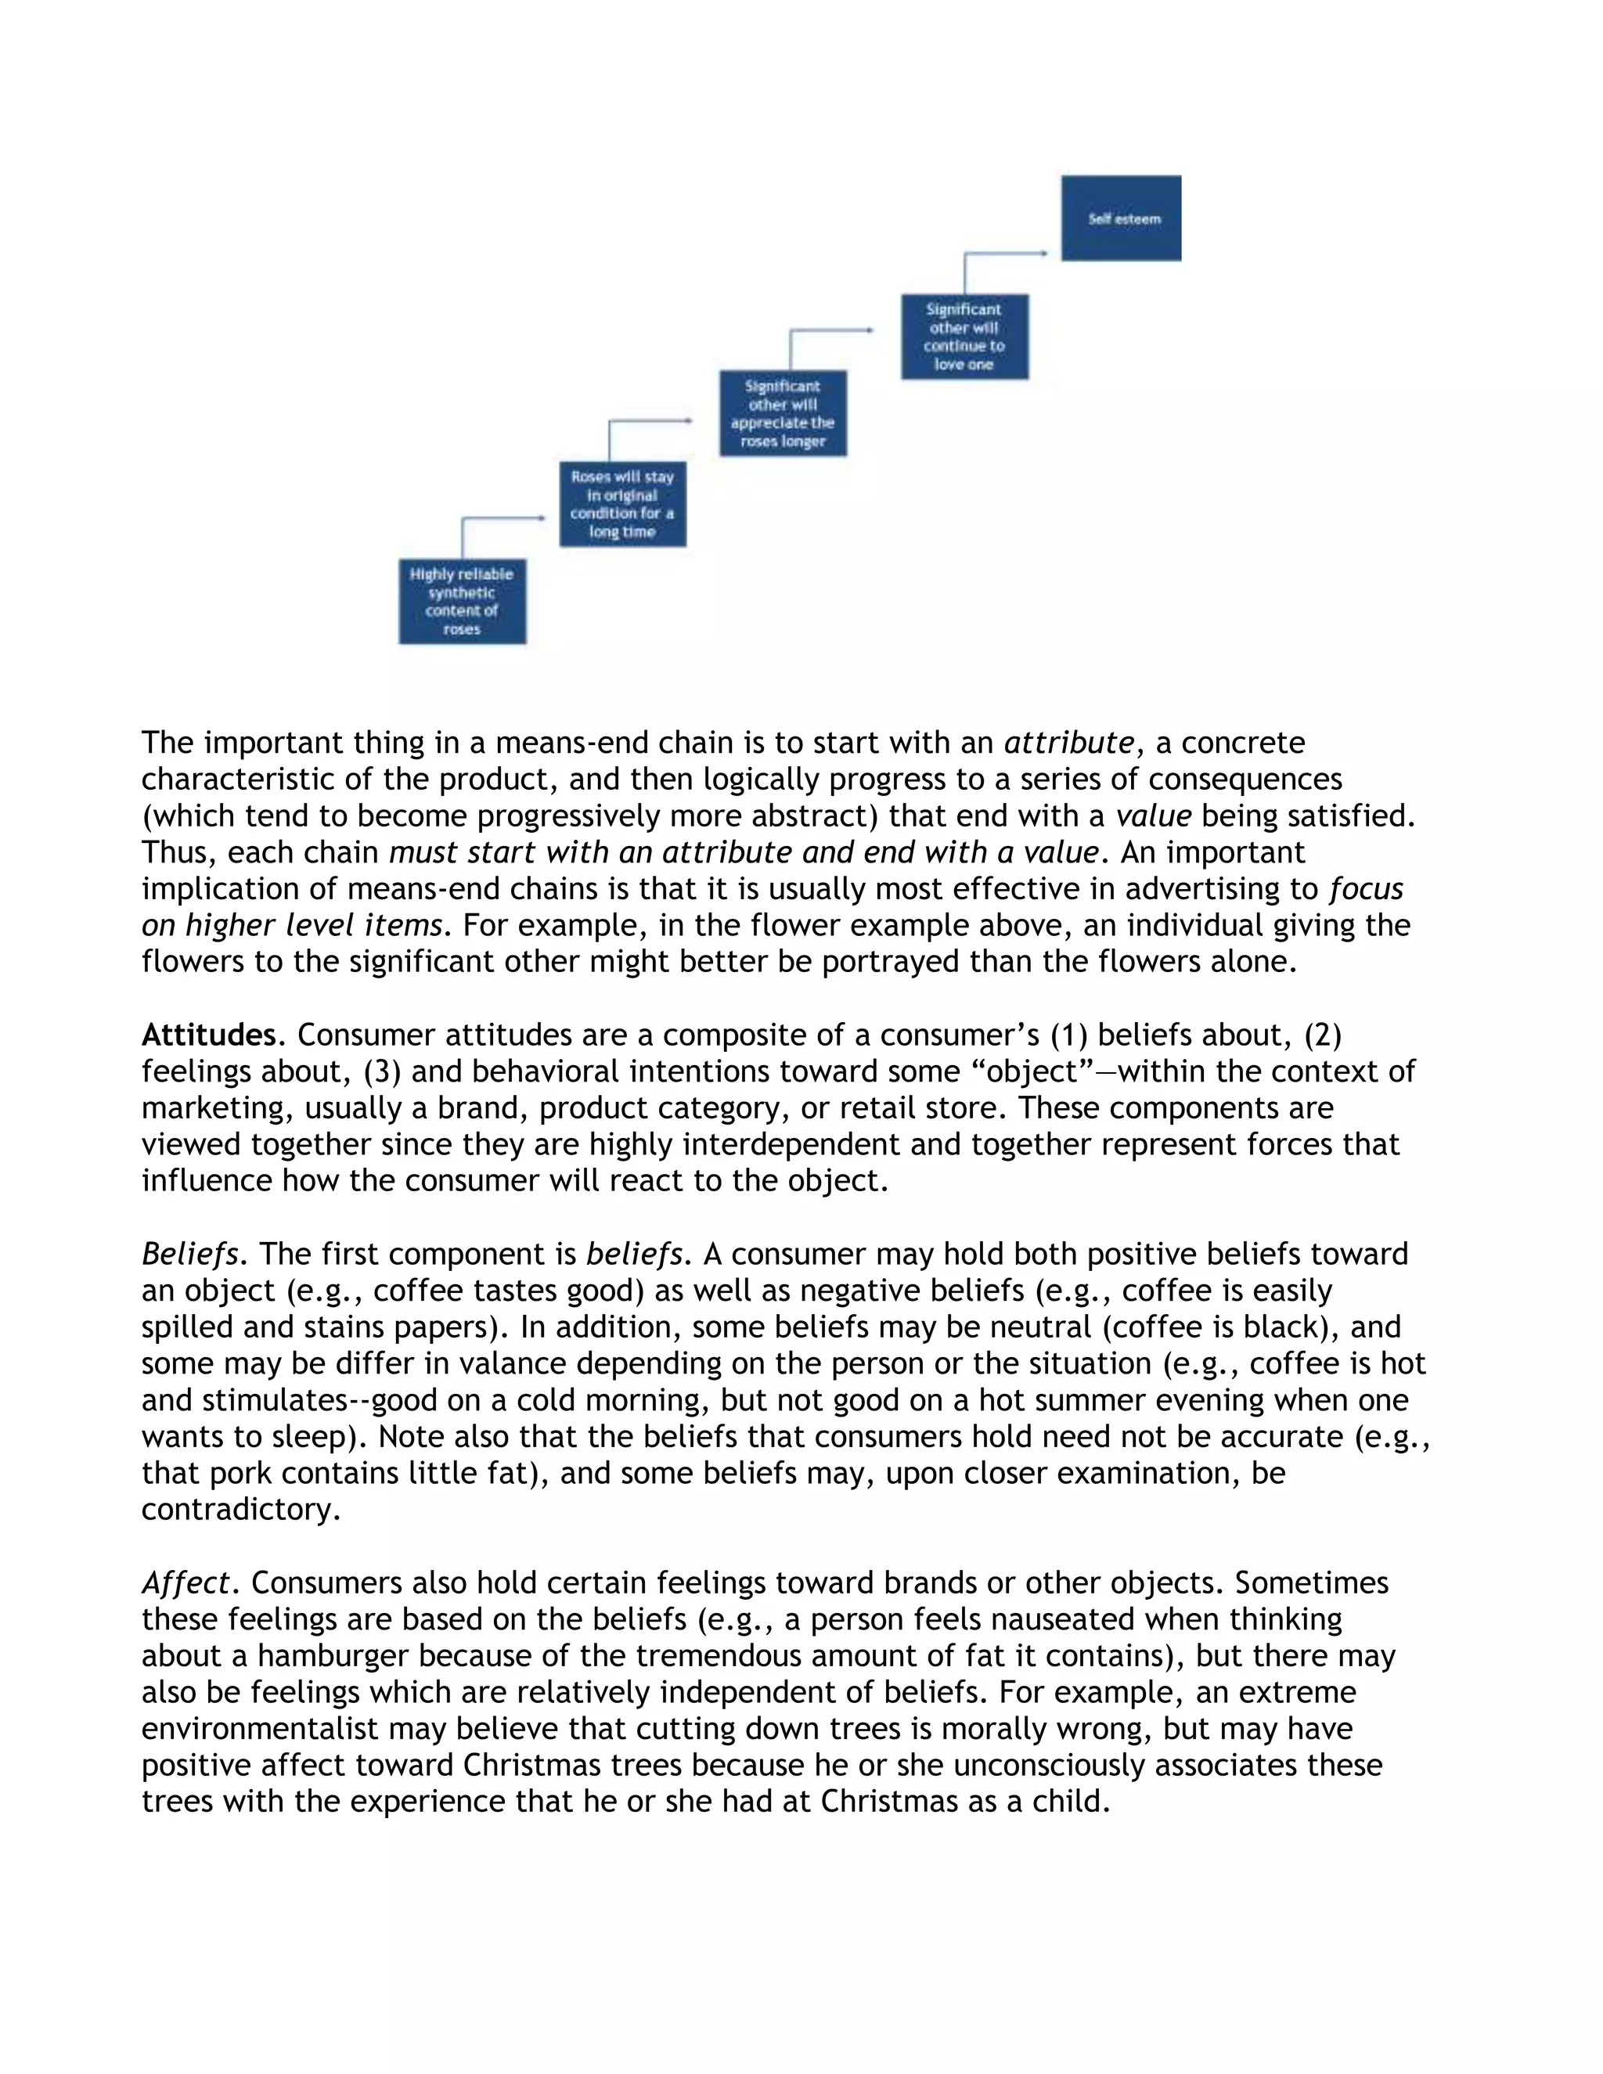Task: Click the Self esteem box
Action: point(1121,218)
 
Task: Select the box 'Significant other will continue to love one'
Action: point(964,337)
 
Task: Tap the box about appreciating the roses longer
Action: point(783,413)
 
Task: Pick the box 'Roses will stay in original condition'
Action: point(622,503)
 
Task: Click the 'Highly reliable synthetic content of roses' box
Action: point(462,601)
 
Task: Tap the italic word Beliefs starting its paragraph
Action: point(188,1254)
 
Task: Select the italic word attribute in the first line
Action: point(1068,742)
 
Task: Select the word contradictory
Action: point(240,1509)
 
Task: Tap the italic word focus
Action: point(1366,888)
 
